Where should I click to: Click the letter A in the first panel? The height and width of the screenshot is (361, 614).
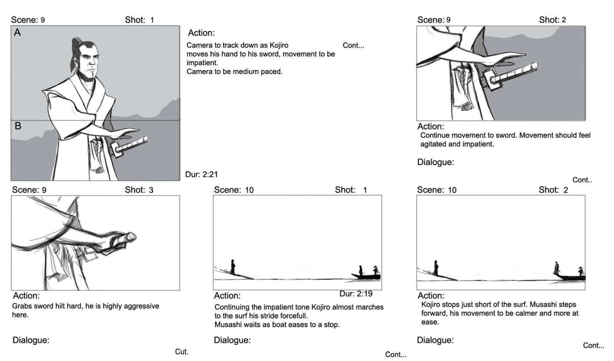tap(17, 33)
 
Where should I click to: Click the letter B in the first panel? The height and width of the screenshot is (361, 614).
tap(18, 126)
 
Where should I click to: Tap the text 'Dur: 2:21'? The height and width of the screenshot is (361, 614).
tap(201, 174)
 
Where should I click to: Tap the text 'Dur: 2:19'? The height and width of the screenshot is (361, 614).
tap(356, 294)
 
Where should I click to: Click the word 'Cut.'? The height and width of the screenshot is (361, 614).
tap(182, 351)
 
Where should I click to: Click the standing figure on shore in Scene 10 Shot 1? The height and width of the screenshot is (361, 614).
tap(233, 267)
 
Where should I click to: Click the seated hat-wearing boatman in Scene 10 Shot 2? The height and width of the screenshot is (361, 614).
tap(581, 272)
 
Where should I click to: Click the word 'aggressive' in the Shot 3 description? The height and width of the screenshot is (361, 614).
tap(142, 306)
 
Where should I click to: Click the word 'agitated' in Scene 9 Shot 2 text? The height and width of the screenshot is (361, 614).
tap(433, 144)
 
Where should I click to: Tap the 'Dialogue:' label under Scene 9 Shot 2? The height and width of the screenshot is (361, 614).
tap(435, 162)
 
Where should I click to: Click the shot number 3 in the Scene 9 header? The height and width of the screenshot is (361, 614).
tap(151, 190)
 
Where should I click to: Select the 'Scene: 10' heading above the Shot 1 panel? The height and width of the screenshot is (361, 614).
tap(233, 190)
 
